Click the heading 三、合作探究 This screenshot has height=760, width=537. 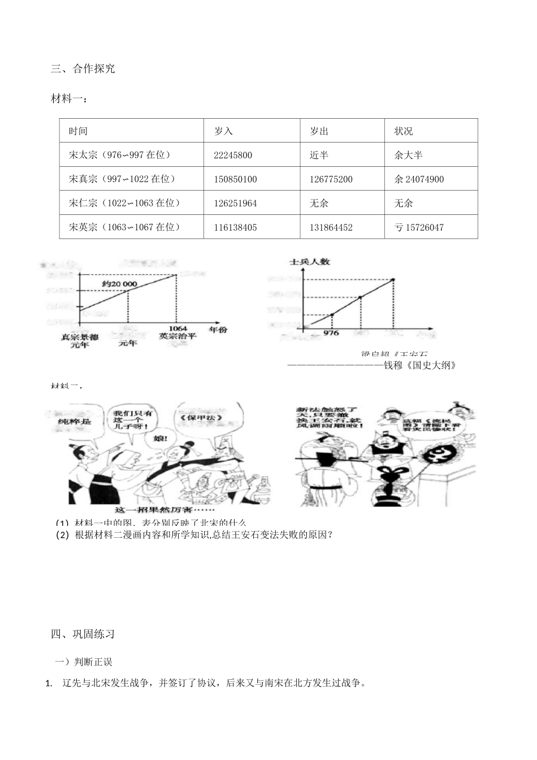tap(83, 69)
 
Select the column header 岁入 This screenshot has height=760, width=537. tap(223, 131)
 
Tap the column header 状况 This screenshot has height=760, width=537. tap(404, 131)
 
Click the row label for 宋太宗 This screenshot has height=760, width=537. tap(119, 155)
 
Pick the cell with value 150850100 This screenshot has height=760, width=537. tap(235, 179)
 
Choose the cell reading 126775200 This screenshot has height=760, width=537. tap(331, 179)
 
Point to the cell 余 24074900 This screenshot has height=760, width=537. tap(418, 179)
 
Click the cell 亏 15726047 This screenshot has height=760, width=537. tap(418, 227)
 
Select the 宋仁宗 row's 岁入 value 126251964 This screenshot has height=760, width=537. tap(235, 203)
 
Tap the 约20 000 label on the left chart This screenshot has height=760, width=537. tap(120, 283)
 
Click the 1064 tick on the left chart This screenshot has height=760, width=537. tap(177, 328)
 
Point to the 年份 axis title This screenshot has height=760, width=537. tap(218, 329)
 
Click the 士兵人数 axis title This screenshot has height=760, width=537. tap(310, 262)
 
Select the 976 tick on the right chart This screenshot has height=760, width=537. tap(331, 333)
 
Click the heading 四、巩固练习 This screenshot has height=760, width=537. tap(83, 634)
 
